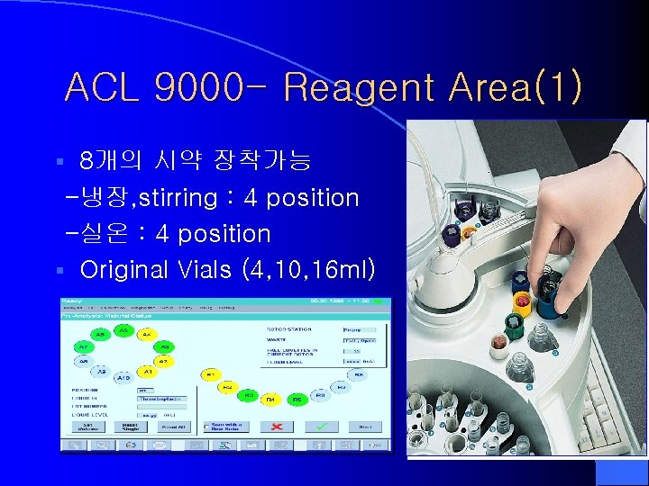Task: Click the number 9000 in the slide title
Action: [x=200, y=88]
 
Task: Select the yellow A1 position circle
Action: [x=147, y=371]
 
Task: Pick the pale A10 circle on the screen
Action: [x=123, y=378]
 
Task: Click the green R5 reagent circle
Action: [x=296, y=397]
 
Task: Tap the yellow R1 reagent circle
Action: [x=210, y=373]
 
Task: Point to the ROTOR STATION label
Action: [x=288, y=329]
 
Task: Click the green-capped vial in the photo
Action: [x=514, y=324]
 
